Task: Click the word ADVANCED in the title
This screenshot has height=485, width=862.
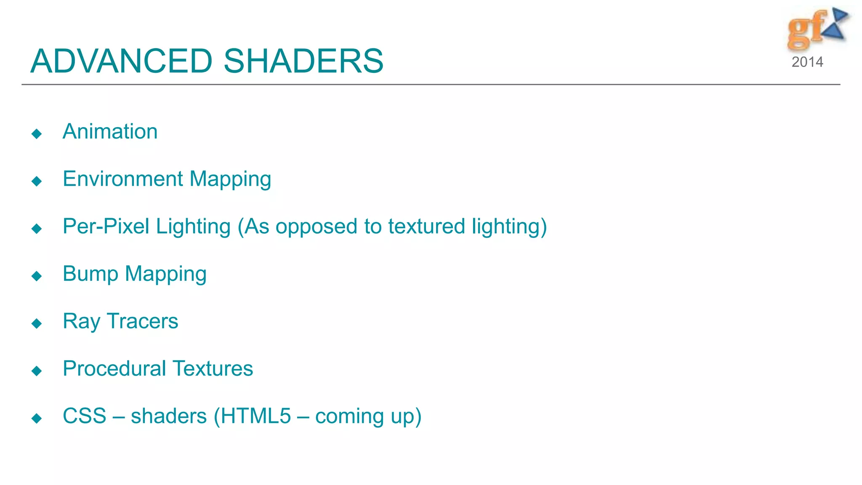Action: point(121,61)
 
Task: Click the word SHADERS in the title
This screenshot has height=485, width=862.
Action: point(303,61)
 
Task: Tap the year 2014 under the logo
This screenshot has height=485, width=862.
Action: point(807,62)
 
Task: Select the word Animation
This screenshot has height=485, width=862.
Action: point(110,131)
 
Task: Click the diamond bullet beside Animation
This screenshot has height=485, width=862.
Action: point(37,134)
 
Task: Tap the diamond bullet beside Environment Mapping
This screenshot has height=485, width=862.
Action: point(37,181)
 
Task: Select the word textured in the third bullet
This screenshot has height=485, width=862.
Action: point(426,227)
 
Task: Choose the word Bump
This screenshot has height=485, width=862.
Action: point(90,274)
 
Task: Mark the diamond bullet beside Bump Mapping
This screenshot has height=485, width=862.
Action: point(37,276)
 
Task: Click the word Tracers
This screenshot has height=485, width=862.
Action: point(142,321)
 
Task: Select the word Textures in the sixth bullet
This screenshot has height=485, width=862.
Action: point(213,369)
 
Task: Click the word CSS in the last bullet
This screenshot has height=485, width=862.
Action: point(84,416)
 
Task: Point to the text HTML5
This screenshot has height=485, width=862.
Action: point(255,416)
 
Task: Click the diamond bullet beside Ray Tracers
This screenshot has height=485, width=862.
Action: point(37,323)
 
